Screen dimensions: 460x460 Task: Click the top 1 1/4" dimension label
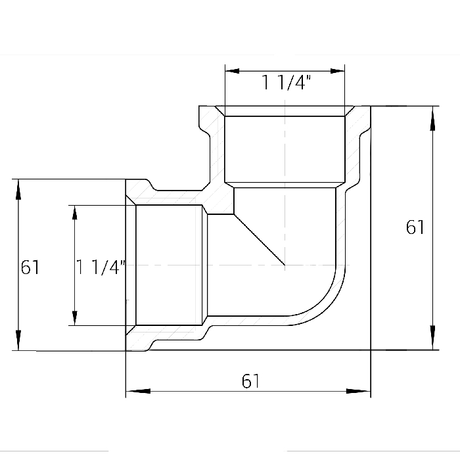[x=286, y=82]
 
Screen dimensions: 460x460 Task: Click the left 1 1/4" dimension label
[x=101, y=267]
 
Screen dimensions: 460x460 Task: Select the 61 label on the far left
[x=30, y=267]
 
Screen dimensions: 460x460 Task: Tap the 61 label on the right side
[x=415, y=227]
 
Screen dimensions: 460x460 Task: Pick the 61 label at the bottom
[x=250, y=381]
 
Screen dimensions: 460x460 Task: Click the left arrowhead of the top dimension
[x=232, y=71]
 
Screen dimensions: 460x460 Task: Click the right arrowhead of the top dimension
[x=337, y=71]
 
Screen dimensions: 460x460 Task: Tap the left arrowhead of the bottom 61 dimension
[x=138, y=391]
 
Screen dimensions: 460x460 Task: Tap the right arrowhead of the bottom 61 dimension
[x=358, y=391]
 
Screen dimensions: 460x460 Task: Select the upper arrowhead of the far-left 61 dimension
[x=18, y=189]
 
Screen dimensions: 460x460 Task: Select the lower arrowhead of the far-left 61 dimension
[x=18, y=340]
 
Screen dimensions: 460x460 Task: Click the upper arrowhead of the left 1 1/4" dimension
[x=75, y=213]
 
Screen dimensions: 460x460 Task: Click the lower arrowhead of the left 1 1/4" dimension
[x=75, y=318]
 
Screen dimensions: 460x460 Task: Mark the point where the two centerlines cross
[x=285, y=265]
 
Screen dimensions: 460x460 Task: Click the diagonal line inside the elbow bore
[x=260, y=240]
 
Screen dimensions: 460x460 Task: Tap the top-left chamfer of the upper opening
[x=220, y=111]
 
